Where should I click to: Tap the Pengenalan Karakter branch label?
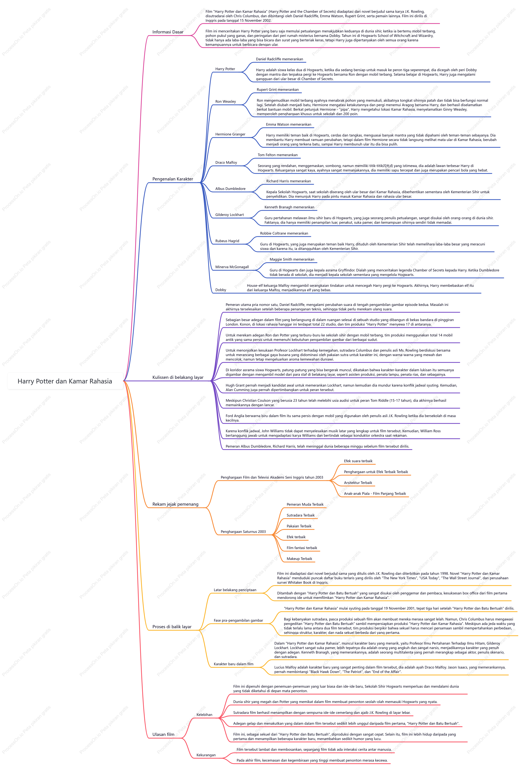[x=173, y=179]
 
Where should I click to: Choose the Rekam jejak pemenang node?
[x=175, y=504]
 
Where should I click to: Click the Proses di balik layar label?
[x=172, y=627]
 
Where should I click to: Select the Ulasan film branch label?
[x=163, y=734]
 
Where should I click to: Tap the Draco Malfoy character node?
[x=226, y=163]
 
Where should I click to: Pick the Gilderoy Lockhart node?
[x=230, y=215]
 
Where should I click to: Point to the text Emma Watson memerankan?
[x=288, y=125]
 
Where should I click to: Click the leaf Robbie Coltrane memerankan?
[x=284, y=234]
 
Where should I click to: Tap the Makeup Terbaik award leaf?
[x=299, y=559]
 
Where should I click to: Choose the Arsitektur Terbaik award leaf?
[x=358, y=483]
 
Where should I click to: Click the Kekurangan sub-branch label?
[x=206, y=755]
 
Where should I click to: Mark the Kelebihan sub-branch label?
[x=204, y=715]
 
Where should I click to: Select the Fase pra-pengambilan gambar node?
[x=238, y=620]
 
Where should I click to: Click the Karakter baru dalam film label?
[x=233, y=664]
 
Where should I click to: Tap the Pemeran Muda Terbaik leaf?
[x=305, y=505]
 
